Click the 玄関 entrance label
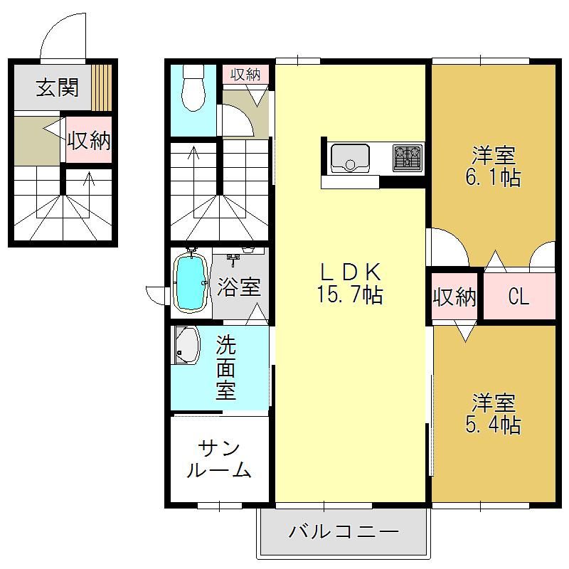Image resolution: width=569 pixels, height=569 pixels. coord(58,87)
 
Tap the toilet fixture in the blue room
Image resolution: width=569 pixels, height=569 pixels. coord(193,87)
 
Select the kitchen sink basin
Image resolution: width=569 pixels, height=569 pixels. coord(350,158)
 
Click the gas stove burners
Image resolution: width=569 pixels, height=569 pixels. coord(408,158)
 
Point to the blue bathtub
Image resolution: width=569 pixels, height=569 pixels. coord(190,282)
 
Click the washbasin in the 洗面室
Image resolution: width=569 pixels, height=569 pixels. coord(186,345)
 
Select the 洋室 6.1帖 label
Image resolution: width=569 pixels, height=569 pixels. coord(493,166)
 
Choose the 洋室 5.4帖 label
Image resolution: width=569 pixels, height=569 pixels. coord(493,414)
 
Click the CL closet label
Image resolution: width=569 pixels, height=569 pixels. coord(519,297)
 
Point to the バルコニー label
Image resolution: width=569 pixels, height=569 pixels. coord(344,532)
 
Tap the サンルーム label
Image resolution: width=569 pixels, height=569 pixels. coord(219,459)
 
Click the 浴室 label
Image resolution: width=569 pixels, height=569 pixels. coord(239,287)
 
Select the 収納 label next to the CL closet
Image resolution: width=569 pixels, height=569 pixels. coord(454,297)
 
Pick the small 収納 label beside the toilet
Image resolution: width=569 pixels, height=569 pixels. coord(245,75)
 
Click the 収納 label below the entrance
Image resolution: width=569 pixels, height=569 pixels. coord(89,140)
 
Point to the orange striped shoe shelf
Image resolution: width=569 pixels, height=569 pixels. coord(101,87)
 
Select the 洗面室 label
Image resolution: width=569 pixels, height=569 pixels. coord(225,368)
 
